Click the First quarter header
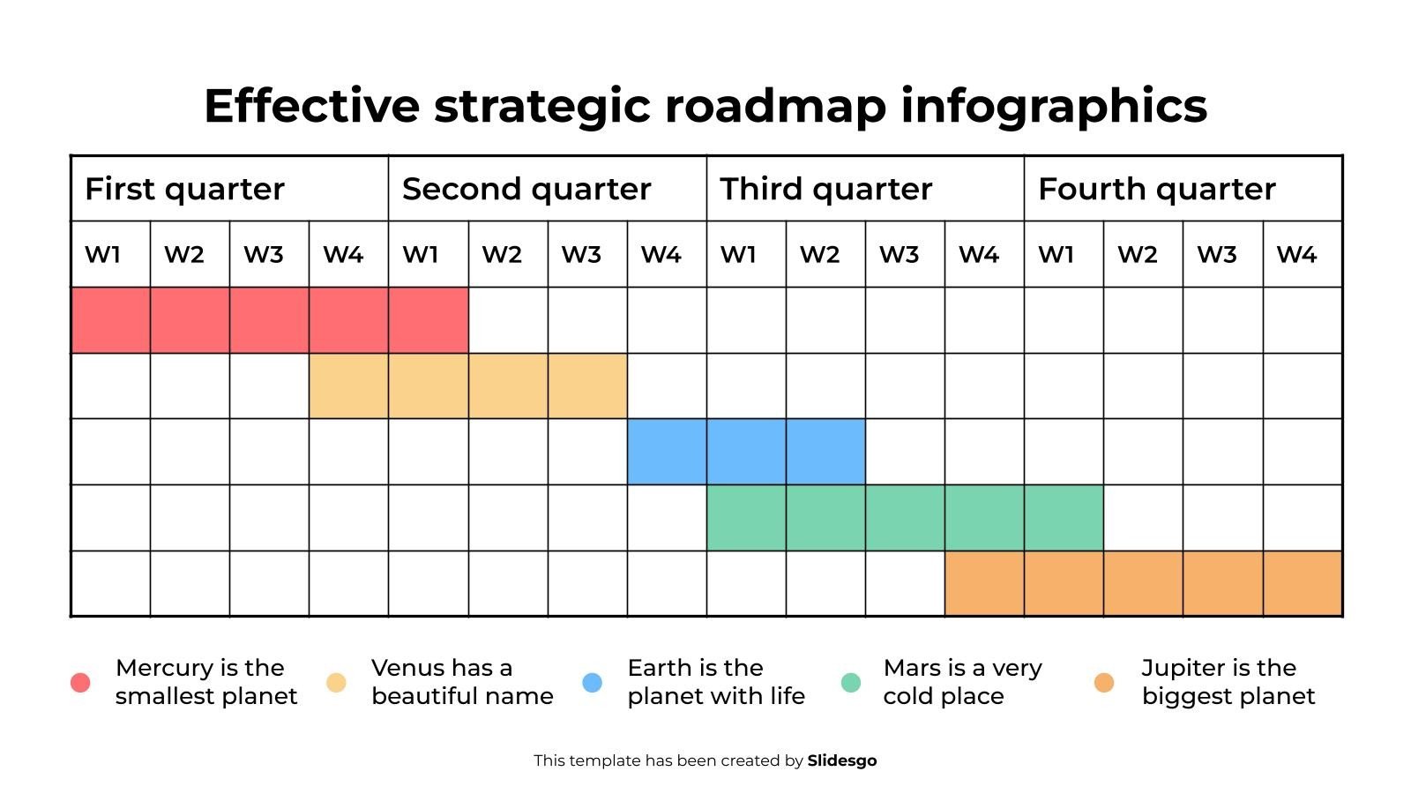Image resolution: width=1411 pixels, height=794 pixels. [x=184, y=189]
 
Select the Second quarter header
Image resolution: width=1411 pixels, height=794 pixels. [x=526, y=189]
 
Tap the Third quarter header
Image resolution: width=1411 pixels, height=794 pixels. [x=826, y=189]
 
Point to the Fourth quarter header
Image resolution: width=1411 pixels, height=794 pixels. [x=1156, y=189]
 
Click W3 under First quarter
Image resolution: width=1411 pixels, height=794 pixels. [x=263, y=255]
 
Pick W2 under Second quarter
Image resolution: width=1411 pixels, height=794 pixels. [x=502, y=255]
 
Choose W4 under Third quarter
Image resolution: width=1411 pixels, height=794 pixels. [x=978, y=255]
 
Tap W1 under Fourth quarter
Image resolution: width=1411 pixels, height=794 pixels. [x=1056, y=255]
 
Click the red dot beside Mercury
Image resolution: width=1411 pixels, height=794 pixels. [x=80, y=683]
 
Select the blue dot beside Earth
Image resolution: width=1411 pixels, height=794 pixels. [x=593, y=683]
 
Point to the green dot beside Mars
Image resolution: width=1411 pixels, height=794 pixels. [x=851, y=683]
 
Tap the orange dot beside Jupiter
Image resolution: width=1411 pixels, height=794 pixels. [x=1104, y=683]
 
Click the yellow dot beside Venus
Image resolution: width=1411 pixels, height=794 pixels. [x=336, y=683]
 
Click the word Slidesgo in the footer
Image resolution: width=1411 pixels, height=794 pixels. [x=842, y=760]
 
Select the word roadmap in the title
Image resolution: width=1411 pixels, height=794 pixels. [x=775, y=106]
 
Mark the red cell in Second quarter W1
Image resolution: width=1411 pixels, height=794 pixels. [x=429, y=320]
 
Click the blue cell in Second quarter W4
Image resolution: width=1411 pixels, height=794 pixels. [x=667, y=452]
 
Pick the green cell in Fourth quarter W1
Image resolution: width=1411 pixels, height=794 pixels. [x=1064, y=518]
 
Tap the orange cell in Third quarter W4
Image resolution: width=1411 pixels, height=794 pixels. [x=984, y=583]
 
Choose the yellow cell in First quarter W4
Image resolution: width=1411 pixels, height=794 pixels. [x=348, y=386]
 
